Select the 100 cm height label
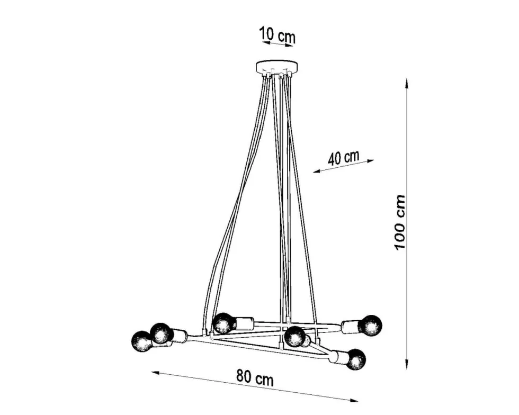tap(399, 222)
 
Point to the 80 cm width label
tap(255, 378)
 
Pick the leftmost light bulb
tap(142, 341)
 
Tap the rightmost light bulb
tap(371, 326)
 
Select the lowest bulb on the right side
tap(356, 359)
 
